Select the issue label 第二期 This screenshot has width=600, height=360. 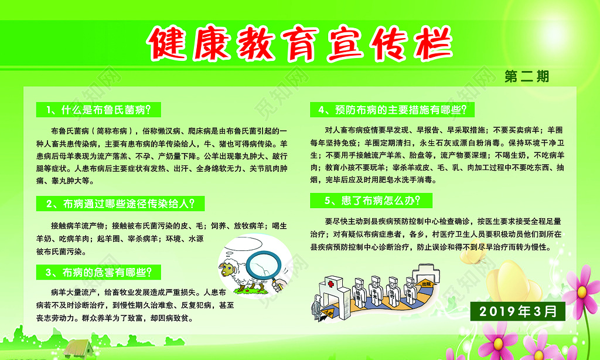[x=527, y=77]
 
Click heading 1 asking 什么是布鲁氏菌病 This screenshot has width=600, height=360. [x=97, y=110]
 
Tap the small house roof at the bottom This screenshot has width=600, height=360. [x=79, y=345]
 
